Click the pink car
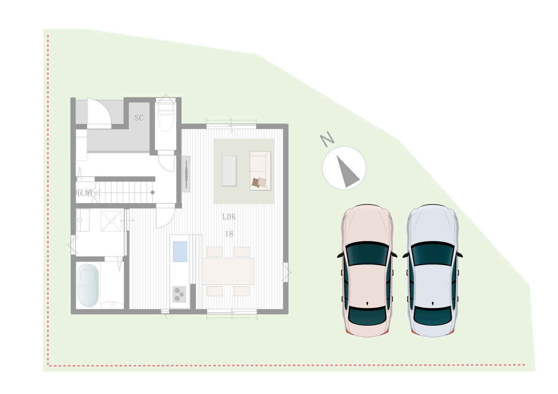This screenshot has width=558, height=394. [367, 271]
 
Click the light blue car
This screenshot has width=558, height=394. [432, 271]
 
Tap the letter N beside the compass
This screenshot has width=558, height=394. [327, 139]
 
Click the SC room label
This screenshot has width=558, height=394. [139, 117]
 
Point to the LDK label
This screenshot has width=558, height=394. [229, 217]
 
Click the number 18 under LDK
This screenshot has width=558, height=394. [229, 234]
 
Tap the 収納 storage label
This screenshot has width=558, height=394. [84, 193]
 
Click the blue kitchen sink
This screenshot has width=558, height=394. [180, 252]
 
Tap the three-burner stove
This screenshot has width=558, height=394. [179, 294]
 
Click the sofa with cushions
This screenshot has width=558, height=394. [260, 170]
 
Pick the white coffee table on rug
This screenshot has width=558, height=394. [229, 170]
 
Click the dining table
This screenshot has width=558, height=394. [228, 271]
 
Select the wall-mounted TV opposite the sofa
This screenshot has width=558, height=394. [186, 174]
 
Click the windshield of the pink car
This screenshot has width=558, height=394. [367, 253]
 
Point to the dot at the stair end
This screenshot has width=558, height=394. [152, 193]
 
